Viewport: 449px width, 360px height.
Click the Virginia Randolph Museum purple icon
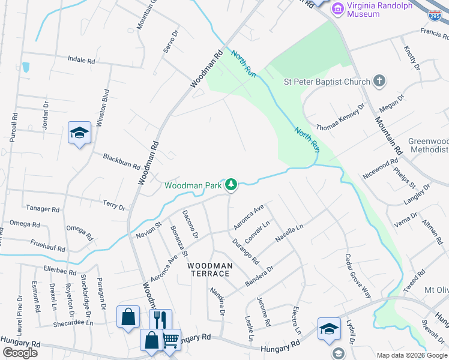[337, 9]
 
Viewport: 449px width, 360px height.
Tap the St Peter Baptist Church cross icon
[379, 80]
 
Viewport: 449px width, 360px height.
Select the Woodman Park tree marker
[231, 184]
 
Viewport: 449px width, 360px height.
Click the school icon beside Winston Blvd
[79, 133]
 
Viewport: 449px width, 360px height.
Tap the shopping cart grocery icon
[170, 339]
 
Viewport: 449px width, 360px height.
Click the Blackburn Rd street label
[118, 158]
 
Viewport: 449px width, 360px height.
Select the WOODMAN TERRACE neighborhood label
[208, 269]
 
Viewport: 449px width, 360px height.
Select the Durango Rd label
[246, 251]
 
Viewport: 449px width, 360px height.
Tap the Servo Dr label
[172, 41]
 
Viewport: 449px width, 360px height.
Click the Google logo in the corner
[19, 352]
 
